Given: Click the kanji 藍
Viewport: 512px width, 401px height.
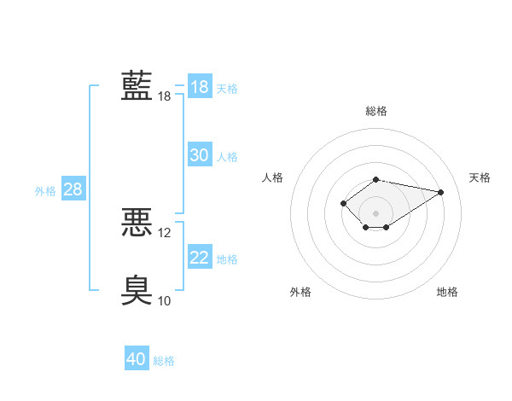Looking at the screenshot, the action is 137,85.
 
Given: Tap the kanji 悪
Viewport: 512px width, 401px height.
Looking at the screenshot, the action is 137,222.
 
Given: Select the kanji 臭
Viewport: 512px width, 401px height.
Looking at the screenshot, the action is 137,290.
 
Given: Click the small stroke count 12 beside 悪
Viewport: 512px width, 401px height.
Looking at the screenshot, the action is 164,233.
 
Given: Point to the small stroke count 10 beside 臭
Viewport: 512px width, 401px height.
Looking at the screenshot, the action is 164,300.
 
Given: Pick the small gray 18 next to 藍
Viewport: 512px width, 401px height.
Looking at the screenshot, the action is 164,96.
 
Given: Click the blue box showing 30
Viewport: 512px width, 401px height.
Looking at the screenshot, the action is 200,154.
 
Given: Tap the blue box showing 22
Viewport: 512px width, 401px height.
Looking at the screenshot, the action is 200,256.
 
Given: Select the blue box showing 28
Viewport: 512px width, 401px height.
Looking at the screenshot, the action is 73,188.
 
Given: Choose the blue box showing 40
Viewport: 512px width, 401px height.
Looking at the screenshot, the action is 137,357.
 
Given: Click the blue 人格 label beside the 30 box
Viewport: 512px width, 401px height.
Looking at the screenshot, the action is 227,157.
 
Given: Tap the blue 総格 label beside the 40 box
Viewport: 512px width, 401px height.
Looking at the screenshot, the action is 164,361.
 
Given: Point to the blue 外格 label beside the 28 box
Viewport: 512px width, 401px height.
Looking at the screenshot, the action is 45,191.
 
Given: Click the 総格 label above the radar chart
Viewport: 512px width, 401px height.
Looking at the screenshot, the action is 376,111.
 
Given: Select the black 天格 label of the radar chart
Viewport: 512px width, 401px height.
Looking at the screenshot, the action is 480,177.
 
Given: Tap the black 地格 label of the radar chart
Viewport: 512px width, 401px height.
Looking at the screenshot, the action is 447,292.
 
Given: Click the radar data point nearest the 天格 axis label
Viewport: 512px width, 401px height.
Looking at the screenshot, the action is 440,192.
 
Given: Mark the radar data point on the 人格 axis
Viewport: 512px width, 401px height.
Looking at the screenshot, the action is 343,203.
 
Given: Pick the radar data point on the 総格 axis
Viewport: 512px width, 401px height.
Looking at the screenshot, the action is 375,180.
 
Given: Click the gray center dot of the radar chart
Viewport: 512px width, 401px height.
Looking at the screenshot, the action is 375,213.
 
